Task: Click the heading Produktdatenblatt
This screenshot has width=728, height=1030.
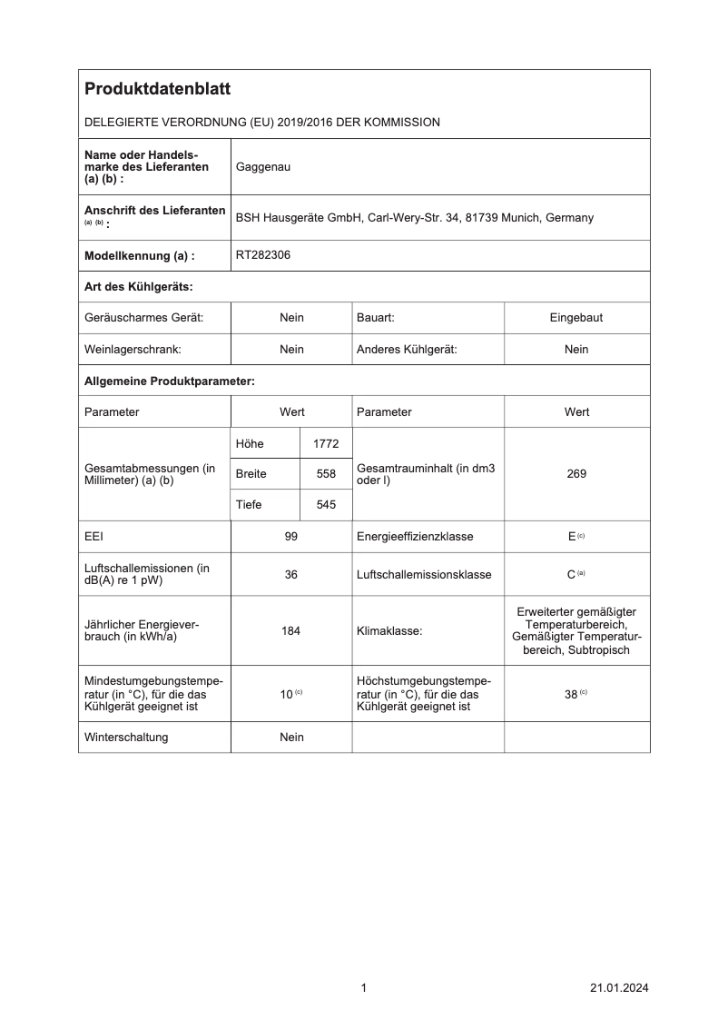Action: [157, 89]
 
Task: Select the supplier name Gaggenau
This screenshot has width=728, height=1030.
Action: [263, 167]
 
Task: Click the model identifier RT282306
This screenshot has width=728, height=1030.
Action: [263, 255]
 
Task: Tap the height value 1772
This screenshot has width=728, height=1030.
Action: [325, 443]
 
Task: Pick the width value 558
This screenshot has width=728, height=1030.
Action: [325, 474]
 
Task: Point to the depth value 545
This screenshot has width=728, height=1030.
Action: [325, 505]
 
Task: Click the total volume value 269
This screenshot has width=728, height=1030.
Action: [576, 474]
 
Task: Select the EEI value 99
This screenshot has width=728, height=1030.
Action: [291, 537]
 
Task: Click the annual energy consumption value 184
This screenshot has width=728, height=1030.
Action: [291, 630]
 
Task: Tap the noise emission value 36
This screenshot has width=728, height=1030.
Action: [291, 574]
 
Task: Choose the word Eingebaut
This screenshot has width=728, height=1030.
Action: [576, 318]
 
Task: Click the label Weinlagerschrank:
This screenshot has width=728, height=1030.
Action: [133, 350]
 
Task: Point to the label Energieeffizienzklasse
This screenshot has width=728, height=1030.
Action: [415, 537]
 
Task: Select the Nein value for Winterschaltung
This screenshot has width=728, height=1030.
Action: [291, 738]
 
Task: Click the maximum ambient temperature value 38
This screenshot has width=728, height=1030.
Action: [572, 694]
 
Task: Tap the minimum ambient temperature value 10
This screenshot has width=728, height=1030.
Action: [286, 694]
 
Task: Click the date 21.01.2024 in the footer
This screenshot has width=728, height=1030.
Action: [619, 988]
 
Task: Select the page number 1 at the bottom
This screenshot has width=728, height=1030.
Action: [363, 988]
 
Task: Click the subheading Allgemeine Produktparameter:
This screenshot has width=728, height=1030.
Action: [169, 381]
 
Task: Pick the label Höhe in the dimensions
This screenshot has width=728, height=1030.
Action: [250, 443]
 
